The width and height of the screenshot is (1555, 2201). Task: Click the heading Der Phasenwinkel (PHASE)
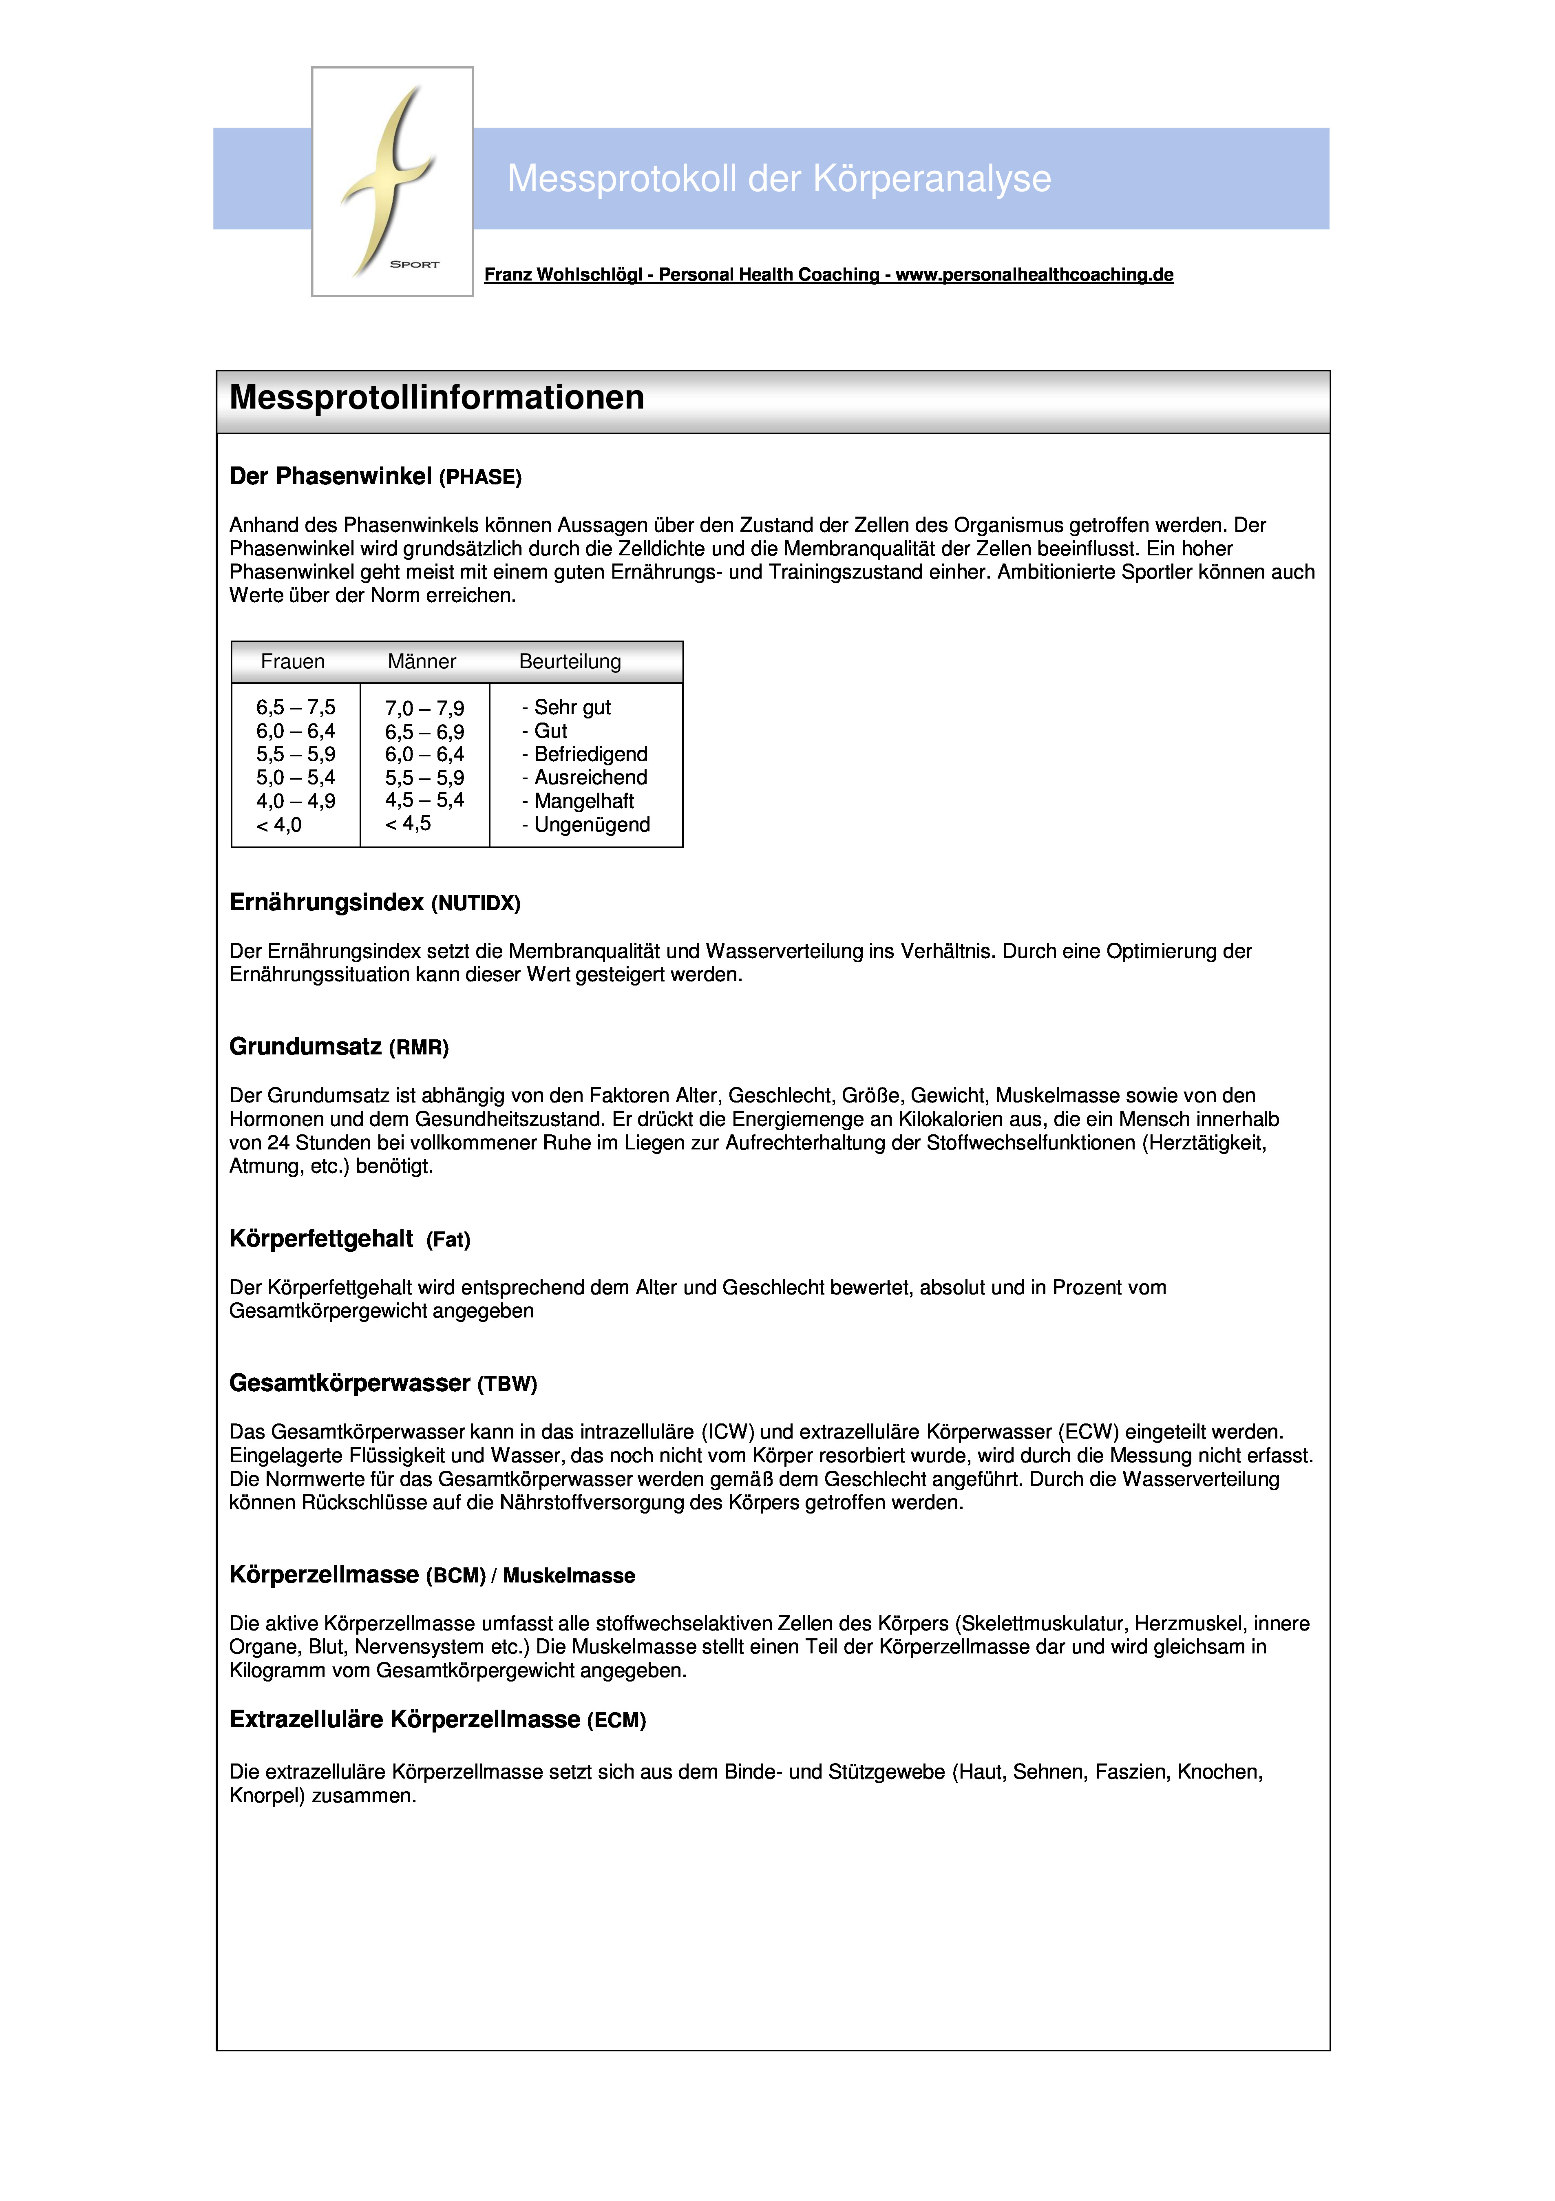pos(375,476)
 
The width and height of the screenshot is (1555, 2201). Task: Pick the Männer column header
pos(422,661)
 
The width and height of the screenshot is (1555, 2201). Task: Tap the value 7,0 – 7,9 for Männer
pos(425,708)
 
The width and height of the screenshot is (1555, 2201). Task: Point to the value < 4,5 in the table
pos(409,824)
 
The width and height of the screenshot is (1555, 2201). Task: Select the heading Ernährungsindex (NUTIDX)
pos(374,902)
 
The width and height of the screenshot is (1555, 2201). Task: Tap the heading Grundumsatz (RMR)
pos(338,1047)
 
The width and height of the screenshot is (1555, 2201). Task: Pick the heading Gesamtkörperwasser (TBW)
pos(382,1383)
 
